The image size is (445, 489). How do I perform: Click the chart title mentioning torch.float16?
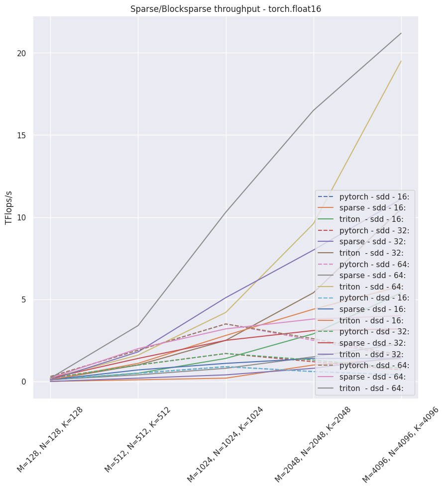tap(225, 9)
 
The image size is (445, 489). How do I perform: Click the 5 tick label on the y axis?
tap(23, 299)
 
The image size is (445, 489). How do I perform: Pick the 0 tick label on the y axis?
tap(23, 382)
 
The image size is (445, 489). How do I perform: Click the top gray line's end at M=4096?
tap(401, 33)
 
